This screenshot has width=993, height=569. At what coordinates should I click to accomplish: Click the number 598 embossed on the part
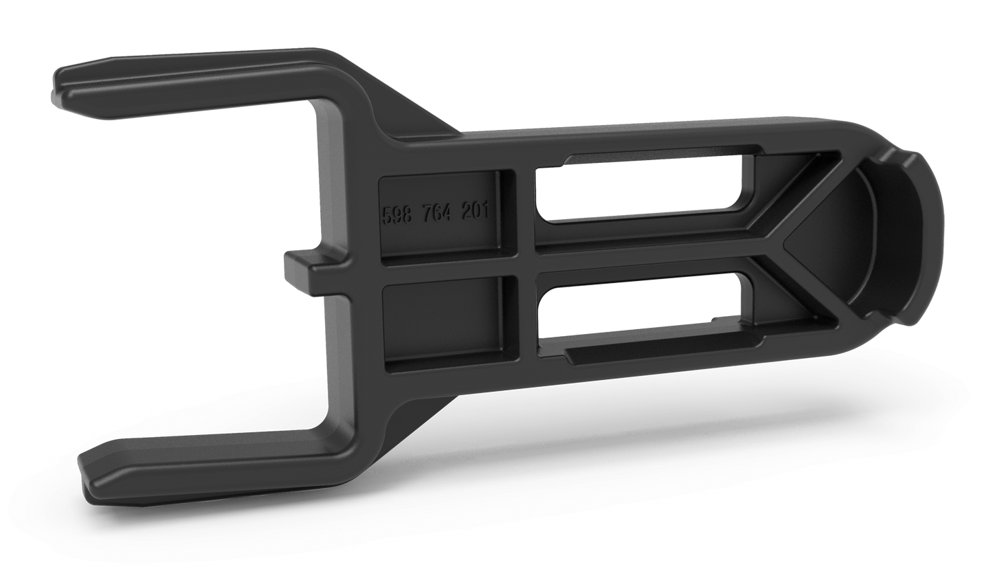(397, 215)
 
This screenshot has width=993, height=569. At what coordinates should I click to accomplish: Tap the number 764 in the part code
(437, 214)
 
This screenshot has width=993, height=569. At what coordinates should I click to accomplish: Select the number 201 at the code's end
(475, 211)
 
